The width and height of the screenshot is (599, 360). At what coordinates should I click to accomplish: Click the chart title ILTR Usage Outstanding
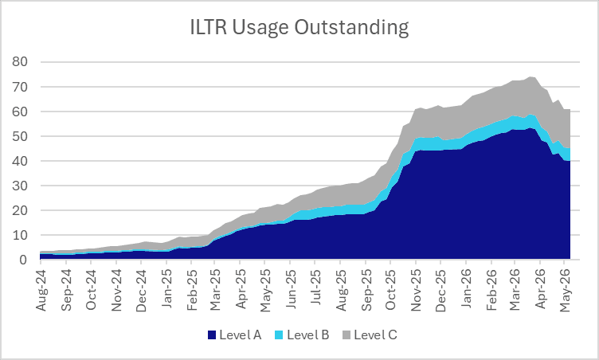click(299, 28)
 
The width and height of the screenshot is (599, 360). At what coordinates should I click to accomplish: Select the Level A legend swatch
click(212, 335)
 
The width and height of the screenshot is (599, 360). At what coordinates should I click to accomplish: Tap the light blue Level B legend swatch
click(279, 335)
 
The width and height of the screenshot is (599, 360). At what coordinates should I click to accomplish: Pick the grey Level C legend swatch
click(346, 335)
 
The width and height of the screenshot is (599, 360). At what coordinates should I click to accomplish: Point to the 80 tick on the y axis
click(19, 61)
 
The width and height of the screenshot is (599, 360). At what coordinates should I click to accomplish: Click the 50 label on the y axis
click(19, 136)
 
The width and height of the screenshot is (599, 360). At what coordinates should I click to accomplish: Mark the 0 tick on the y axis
click(24, 260)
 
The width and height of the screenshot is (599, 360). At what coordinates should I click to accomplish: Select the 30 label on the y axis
click(19, 186)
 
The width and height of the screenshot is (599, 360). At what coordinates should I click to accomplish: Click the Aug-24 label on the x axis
click(41, 290)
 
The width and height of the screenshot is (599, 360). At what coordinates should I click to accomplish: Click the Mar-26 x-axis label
click(515, 290)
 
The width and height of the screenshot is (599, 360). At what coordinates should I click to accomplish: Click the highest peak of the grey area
click(530, 76)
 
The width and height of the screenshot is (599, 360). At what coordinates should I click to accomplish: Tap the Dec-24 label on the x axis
click(141, 290)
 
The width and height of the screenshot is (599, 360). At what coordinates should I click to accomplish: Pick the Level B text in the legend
click(308, 335)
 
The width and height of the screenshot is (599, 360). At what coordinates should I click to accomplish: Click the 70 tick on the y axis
click(19, 87)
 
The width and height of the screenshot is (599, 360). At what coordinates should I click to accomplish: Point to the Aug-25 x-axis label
click(341, 290)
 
